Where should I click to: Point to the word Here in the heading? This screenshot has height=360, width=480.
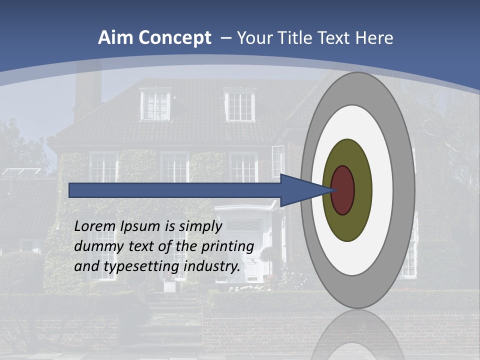(x=374, y=38)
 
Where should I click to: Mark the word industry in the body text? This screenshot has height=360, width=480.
(x=212, y=266)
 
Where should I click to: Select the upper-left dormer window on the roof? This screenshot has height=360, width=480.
(x=155, y=104)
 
